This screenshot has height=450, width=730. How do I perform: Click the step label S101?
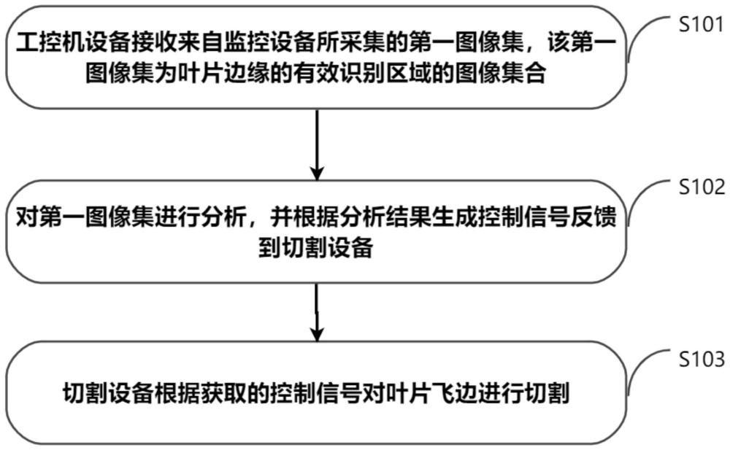tap(701, 24)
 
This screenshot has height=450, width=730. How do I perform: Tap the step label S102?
tap(702, 187)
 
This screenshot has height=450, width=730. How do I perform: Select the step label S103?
tap(702, 360)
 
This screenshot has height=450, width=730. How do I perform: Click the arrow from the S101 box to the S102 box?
tap(317, 144)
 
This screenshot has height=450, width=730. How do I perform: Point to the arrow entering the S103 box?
tap(317, 312)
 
